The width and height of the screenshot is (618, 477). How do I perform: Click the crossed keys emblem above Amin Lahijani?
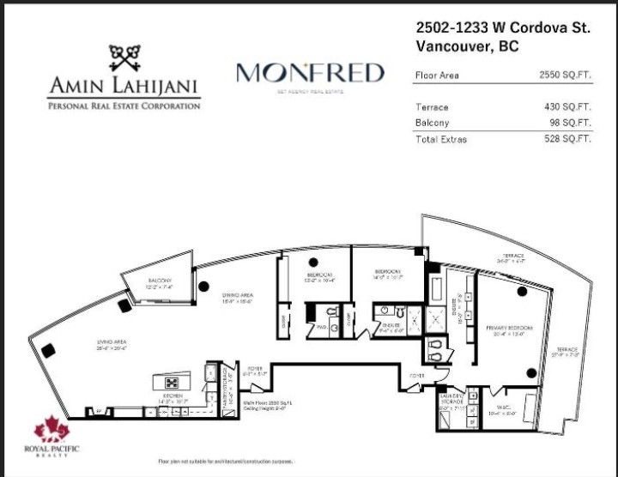[x=124, y=57]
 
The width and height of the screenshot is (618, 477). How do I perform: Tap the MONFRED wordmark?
[x=310, y=74]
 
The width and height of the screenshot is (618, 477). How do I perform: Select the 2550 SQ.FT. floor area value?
[x=564, y=75]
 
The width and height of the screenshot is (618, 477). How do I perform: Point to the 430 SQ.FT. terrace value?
[x=566, y=107]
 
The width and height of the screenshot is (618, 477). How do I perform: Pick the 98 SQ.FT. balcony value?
[x=569, y=123]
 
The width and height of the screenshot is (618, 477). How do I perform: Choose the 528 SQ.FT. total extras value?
[x=566, y=138]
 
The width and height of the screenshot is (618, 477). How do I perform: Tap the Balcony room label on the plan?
[x=158, y=281]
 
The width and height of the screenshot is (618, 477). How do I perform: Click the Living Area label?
[x=112, y=343]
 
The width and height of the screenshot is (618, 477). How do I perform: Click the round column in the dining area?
[x=203, y=287]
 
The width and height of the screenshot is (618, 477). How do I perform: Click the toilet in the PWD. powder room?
[x=332, y=310]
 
